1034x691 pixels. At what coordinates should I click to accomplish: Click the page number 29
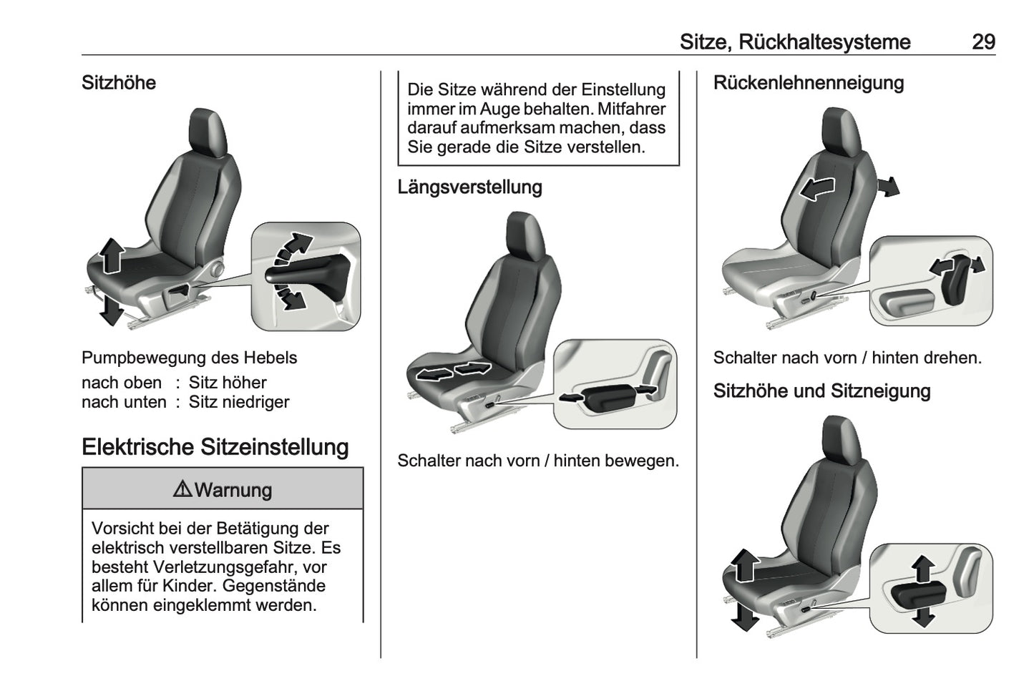tap(983, 42)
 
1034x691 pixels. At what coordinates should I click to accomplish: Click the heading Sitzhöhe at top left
tap(119, 83)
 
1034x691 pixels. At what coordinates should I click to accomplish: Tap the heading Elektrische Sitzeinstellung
tap(215, 447)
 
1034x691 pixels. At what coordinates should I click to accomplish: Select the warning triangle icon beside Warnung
tap(182, 490)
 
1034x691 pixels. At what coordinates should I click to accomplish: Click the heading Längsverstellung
tap(469, 187)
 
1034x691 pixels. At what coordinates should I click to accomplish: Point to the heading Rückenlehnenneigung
tap(808, 83)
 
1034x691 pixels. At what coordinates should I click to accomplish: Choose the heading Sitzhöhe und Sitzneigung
tap(821, 391)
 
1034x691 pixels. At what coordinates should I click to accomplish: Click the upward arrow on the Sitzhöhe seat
tap(111, 256)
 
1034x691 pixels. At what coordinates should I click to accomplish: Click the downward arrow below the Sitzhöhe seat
tap(110, 309)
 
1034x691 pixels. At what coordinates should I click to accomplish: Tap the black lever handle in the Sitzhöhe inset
tap(304, 275)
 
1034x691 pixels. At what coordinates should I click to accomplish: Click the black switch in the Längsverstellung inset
tap(607, 396)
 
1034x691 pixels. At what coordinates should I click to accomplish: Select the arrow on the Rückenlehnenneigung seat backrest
tap(816, 189)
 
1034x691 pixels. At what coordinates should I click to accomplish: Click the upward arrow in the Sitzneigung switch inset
tap(924, 569)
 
